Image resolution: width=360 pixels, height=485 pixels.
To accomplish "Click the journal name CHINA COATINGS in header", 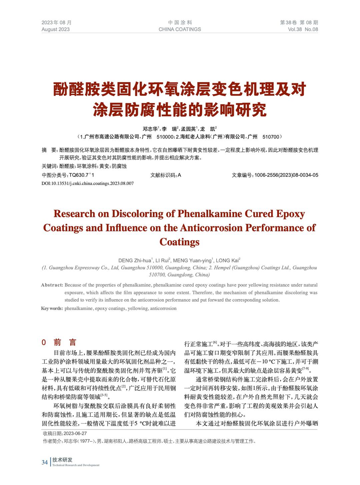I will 180,29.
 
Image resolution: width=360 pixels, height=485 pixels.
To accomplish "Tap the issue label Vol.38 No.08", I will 303,29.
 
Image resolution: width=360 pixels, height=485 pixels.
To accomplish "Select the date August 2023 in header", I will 56,29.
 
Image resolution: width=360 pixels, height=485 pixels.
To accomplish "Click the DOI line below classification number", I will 88,183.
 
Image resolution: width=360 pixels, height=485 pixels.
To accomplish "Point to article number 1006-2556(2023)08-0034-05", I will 286,175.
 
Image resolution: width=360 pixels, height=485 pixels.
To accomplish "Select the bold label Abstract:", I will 52,285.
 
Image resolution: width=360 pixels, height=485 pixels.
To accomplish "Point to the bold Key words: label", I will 52,308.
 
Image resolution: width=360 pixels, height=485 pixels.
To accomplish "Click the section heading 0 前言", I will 59,343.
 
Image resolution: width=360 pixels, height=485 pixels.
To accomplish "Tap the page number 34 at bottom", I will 45,462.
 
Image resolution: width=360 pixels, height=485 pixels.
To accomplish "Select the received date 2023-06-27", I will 75,433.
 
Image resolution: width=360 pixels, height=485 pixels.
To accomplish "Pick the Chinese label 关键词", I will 50,166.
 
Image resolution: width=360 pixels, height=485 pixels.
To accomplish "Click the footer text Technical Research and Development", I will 76,465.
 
